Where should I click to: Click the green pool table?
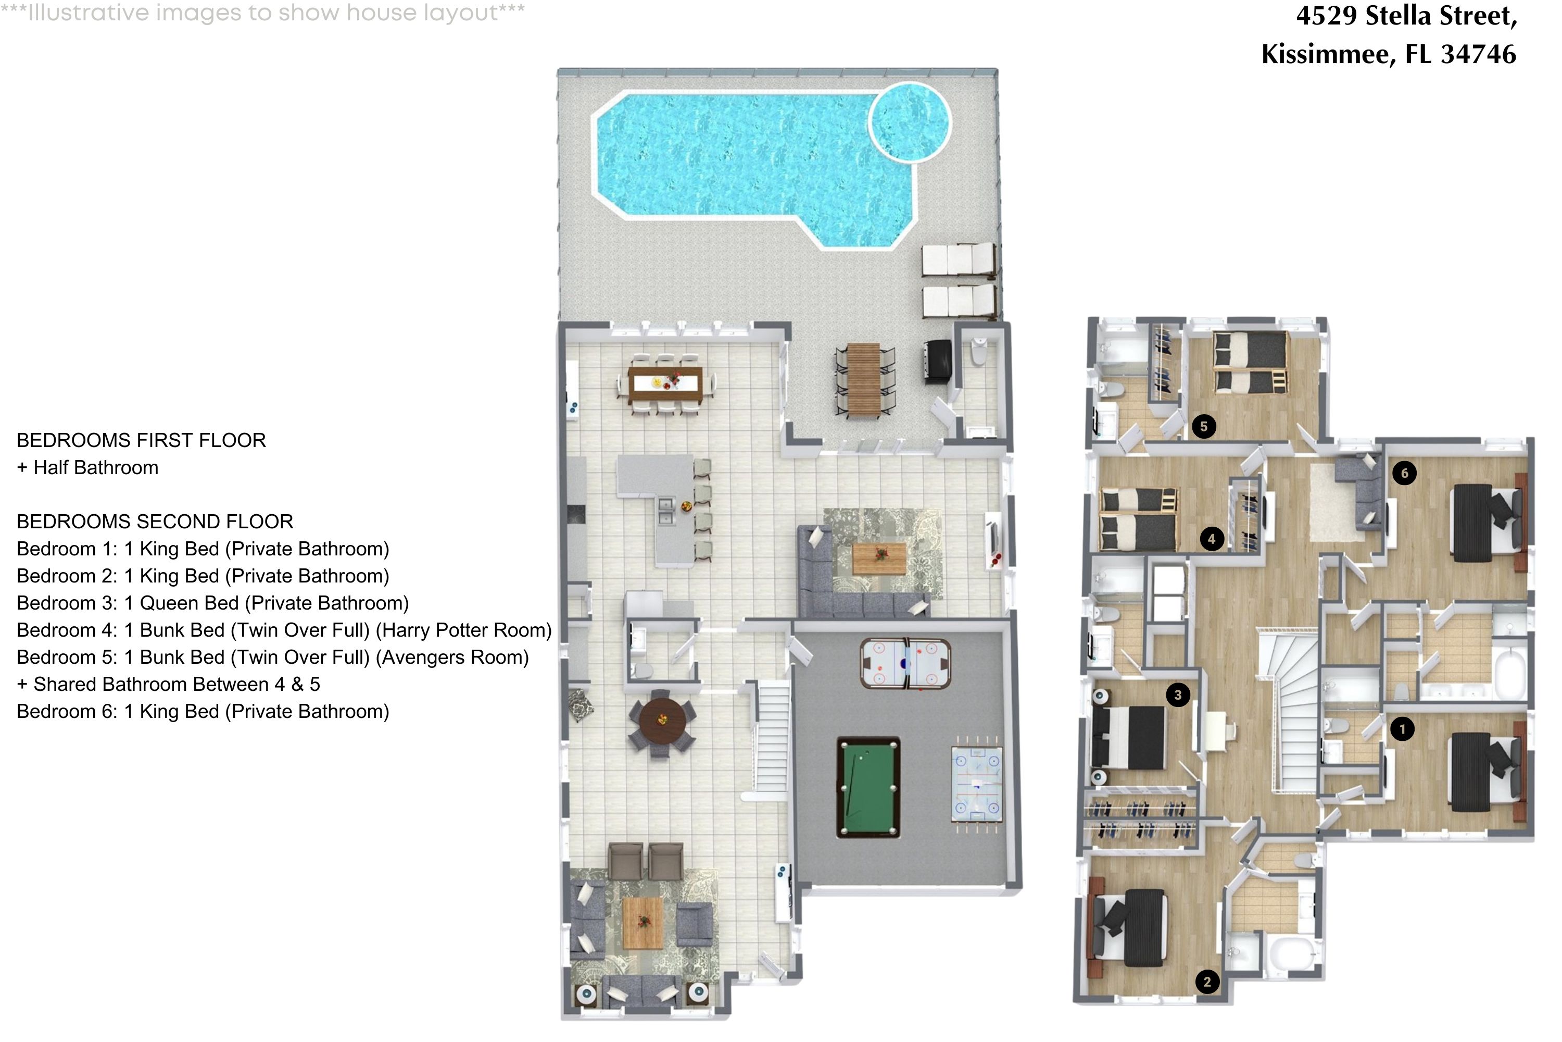point(868,787)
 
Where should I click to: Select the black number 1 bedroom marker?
point(1402,729)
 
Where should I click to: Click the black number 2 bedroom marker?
point(1207,982)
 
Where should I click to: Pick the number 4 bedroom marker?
point(1212,539)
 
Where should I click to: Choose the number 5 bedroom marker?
point(1203,426)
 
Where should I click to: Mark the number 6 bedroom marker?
point(1404,473)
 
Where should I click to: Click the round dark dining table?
point(662,720)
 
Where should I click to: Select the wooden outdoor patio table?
point(864,379)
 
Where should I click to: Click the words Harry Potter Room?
point(463,630)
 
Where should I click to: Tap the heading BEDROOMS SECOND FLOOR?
point(155,522)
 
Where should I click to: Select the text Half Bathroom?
point(96,468)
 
